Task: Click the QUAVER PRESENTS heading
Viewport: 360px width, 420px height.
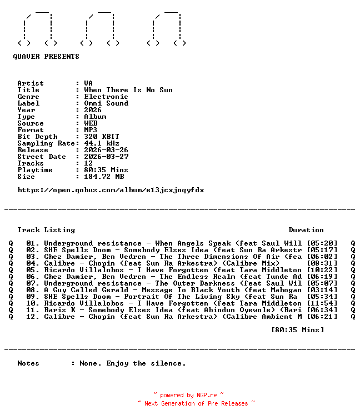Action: click(46, 57)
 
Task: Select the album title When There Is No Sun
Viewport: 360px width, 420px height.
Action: click(128, 90)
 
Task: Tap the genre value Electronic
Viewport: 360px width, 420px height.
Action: click(106, 97)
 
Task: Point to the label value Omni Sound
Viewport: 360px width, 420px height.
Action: click(106, 103)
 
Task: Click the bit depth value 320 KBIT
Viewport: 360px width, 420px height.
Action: click(102, 137)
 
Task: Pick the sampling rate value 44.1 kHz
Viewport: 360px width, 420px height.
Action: click(102, 143)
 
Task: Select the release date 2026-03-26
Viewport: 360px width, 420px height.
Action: click(106, 150)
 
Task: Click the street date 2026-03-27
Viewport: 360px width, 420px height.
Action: click(106, 157)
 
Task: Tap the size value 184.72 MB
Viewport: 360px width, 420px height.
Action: click(104, 177)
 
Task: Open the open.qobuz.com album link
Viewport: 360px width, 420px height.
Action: click(111, 190)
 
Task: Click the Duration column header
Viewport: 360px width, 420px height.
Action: click(306, 230)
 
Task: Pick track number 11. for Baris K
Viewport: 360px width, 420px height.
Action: click(33, 310)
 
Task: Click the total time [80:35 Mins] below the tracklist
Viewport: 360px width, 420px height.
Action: click(297, 330)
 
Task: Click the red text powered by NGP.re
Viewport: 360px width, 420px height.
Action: click(189, 395)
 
